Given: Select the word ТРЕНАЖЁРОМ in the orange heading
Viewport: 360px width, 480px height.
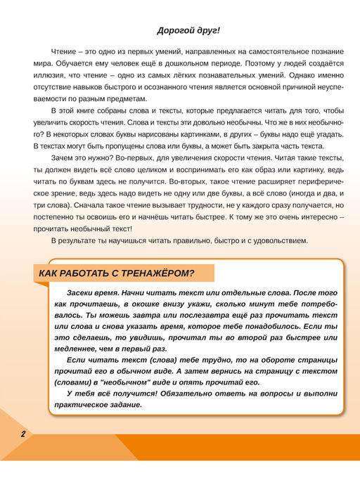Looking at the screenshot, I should [156, 273].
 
